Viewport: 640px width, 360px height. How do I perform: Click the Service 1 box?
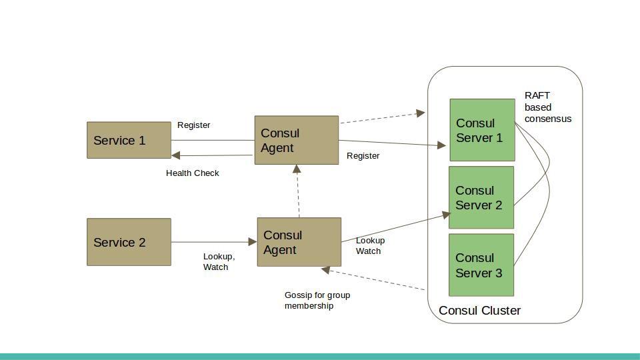[129, 140]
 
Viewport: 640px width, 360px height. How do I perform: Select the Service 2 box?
[129, 242]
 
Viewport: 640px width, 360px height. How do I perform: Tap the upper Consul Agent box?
[297, 140]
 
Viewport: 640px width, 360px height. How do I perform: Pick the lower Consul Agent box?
[299, 242]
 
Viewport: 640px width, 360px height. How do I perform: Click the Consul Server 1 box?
[482, 130]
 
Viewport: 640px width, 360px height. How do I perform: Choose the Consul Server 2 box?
[481, 197]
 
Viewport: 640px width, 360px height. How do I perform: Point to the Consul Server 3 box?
[481, 265]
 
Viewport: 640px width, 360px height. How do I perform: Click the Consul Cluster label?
[479, 311]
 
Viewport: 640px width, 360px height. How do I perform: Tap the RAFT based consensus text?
[547, 107]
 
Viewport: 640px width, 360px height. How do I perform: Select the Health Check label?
[192, 173]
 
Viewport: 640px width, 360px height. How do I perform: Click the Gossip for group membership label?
[317, 301]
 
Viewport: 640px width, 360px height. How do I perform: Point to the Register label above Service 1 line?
[193, 125]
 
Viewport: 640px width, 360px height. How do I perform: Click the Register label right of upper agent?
[363, 156]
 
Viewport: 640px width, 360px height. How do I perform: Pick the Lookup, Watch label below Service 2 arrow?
[219, 262]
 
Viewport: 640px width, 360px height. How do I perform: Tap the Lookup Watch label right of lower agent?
[370, 246]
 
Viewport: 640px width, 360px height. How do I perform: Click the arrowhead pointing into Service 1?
[176, 155]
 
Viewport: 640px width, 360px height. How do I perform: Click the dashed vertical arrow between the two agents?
[299, 192]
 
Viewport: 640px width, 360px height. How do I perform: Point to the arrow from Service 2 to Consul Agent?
[213, 242]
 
